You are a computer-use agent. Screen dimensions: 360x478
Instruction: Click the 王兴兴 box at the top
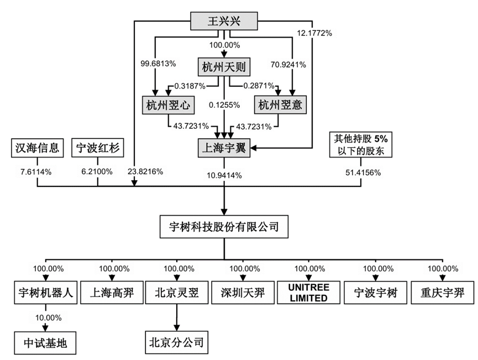click(224, 23)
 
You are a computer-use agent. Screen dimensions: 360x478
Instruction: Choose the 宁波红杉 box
click(98, 148)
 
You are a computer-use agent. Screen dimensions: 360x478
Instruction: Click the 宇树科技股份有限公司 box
click(224, 226)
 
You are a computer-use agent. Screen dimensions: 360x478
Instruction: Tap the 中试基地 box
click(45, 343)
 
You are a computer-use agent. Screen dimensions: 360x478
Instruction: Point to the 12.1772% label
click(314, 33)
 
